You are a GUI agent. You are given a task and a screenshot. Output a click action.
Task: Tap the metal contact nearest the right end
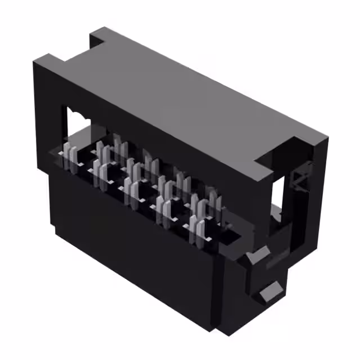tap(214, 206)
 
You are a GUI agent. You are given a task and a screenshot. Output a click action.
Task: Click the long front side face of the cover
tap(169, 146)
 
